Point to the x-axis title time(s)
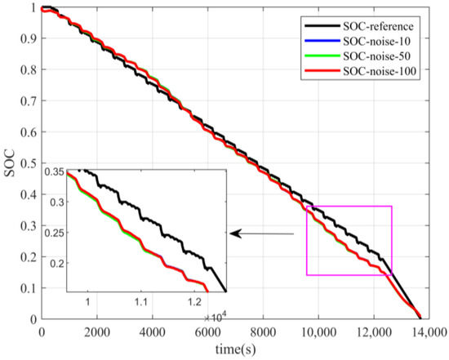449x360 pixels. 233,349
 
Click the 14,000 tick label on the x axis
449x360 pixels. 428,331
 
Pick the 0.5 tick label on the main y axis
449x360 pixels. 29,163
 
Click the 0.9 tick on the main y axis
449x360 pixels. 29,38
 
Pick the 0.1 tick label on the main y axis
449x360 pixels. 29,288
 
